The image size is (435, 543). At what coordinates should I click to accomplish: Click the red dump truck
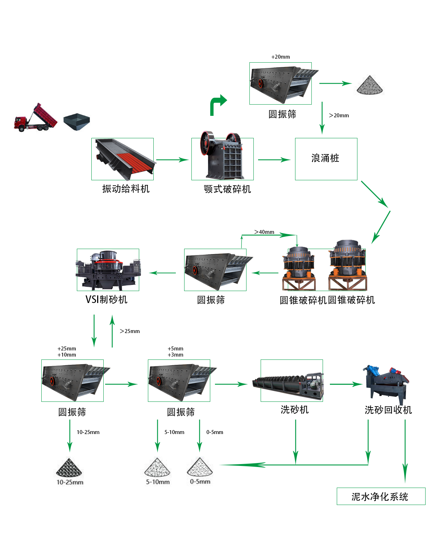(35, 118)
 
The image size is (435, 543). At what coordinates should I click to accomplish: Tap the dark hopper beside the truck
(76, 122)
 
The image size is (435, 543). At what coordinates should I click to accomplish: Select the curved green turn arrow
(218, 105)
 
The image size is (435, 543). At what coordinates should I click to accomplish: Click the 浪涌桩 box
(326, 159)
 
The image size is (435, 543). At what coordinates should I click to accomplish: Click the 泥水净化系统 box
(381, 496)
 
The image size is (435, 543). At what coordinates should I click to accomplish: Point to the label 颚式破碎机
(227, 189)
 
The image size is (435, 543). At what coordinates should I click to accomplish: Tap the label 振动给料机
(125, 189)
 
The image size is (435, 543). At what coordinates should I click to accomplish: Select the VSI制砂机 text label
(106, 299)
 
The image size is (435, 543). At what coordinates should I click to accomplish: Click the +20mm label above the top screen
(281, 57)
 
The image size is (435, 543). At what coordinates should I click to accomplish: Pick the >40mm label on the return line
(264, 232)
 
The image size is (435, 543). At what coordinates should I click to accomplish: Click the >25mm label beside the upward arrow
(130, 331)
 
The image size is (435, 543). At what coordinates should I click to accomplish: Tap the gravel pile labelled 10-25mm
(69, 468)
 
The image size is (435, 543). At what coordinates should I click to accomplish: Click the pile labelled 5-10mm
(157, 467)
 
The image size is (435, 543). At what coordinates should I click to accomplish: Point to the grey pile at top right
(370, 86)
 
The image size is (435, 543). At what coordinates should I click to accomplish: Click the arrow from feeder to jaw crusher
(172, 160)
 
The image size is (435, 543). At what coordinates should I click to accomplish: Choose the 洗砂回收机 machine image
(387, 384)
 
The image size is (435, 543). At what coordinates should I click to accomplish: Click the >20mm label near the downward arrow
(339, 115)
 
